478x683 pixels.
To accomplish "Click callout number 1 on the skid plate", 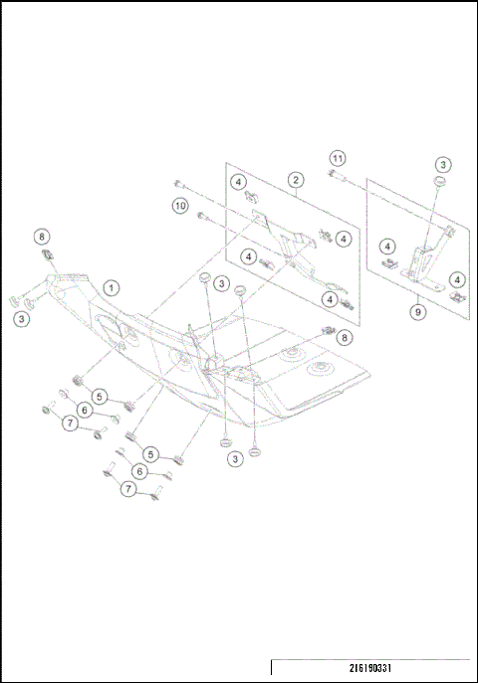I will click(x=113, y=286).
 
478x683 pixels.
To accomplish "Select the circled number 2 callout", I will click(x=296, y=180).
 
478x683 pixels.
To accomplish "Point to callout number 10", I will click(x=180, y=206).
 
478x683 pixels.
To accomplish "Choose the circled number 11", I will click(x=339, y=159).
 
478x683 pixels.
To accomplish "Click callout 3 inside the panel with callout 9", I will click(x=443, y=164).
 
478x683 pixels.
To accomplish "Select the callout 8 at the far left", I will click(x=41, y=236).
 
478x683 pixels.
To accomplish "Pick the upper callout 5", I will click(x=100, y=395).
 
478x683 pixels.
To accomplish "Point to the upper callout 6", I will click(x=85, y=409).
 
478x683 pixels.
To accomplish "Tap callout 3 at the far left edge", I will click(x=21, y=318).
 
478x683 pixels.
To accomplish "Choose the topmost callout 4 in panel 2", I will click(x=239, y=182).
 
